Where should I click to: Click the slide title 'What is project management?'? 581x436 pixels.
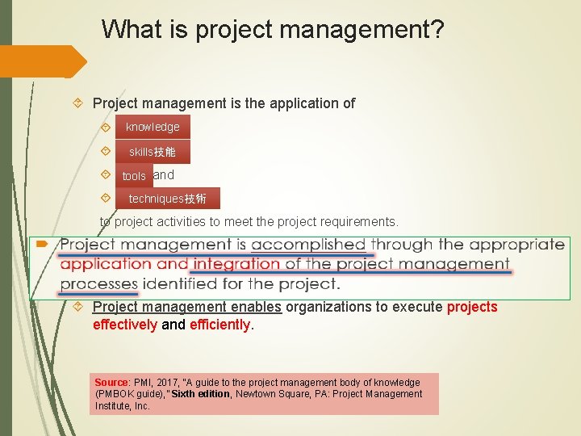(x=273, y=31)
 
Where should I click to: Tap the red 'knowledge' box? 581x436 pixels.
(x=153, y=127)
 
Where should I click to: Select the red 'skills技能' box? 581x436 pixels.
(x=153, y=152)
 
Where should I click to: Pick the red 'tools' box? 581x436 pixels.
(x=134, y=176)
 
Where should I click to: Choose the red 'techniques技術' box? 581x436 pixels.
(x=167, y=199)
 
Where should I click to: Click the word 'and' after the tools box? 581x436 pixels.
(x=164, y=174)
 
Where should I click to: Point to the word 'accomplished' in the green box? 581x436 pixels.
(x=308, y=245)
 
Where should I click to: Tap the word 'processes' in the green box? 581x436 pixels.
(x=98, y=283)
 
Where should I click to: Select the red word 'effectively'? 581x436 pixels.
(x=125, y=325)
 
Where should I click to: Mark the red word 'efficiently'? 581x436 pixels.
(x=219, y=325)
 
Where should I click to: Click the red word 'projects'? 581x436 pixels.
(x=472, y=307)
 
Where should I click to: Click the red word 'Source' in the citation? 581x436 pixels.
(x=111, y=382)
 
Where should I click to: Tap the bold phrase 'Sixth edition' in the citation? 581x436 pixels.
(x=202, y=394)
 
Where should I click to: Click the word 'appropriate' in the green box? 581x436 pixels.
(x=516, y=245)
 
